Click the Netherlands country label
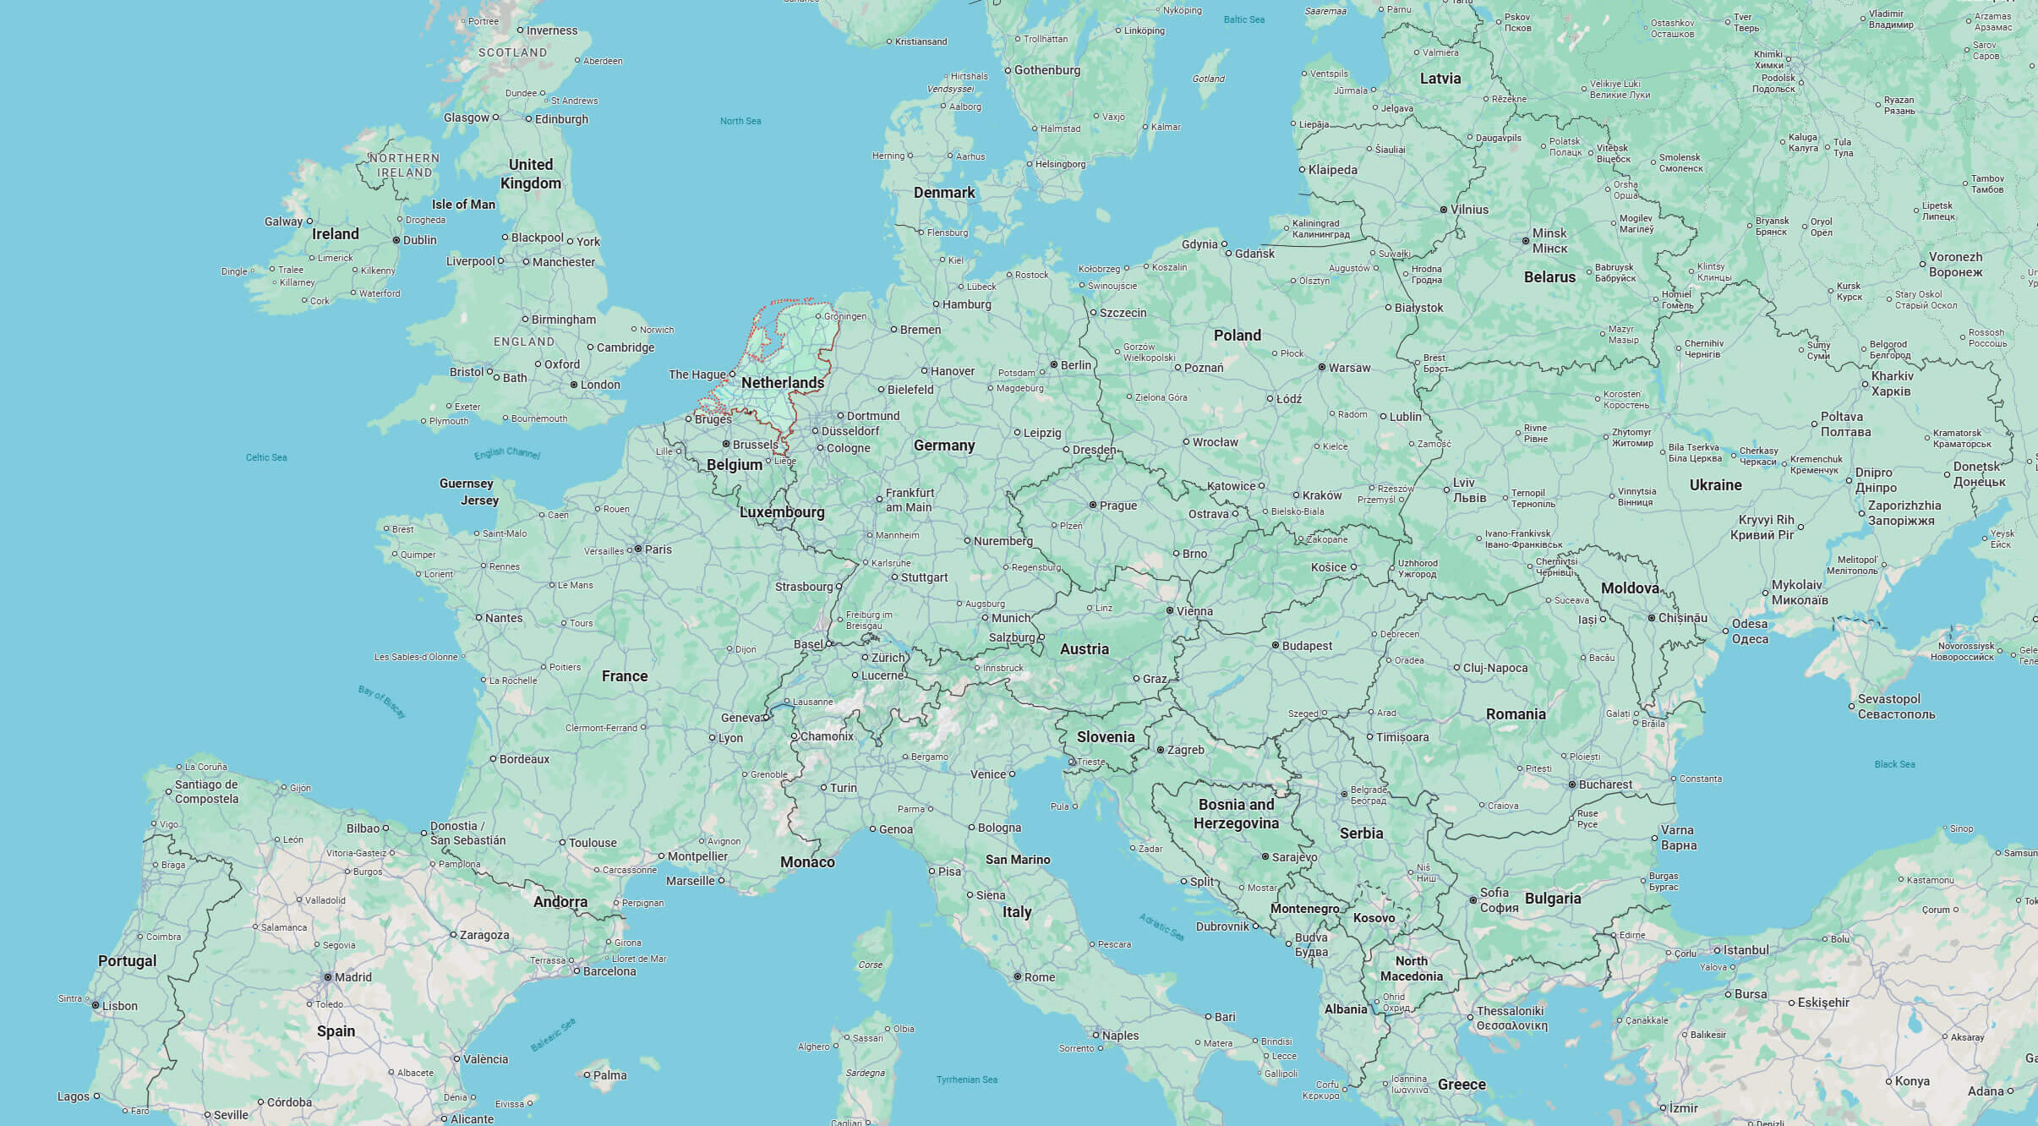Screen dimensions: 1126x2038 click(x=782, y=383)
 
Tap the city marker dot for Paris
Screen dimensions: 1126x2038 click(x=639, y=549)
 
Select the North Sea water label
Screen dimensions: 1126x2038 click(x=740, y=121)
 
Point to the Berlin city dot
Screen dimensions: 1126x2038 click(x=1054, y=365)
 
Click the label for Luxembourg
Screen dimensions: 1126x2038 click(x=781, y=512)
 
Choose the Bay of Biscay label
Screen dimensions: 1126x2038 click(x=382, y=702)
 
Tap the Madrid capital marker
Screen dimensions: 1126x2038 click(x=328, y=977)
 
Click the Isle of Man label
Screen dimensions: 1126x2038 click(x=463, y=205)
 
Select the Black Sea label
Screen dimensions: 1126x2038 click(x=1894, y=764)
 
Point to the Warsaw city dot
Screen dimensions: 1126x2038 click(x=1322, y=368)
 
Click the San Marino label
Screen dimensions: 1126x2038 click(x=1017, y=860)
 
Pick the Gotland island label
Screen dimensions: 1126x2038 click(x=1208, y=79)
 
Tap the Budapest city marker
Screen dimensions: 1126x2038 click(x=1276, y=645)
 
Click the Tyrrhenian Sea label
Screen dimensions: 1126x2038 click(x=966, y=1080)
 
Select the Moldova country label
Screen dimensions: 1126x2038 click(x=1630, y=588)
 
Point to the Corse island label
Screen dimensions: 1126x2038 click(x=870, y=965)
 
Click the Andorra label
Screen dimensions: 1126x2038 click(x=560, y=902)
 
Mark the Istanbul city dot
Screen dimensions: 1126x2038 click(x=1718, y=951)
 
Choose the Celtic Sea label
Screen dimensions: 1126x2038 click(x=266, y=457)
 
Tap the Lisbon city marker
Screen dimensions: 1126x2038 click(x=96, y=1006)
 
